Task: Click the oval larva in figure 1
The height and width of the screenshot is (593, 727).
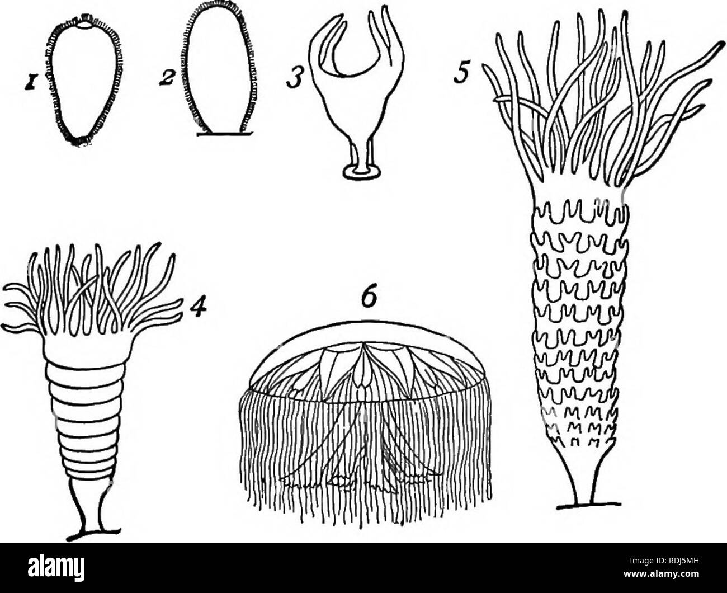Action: coord(84,83)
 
